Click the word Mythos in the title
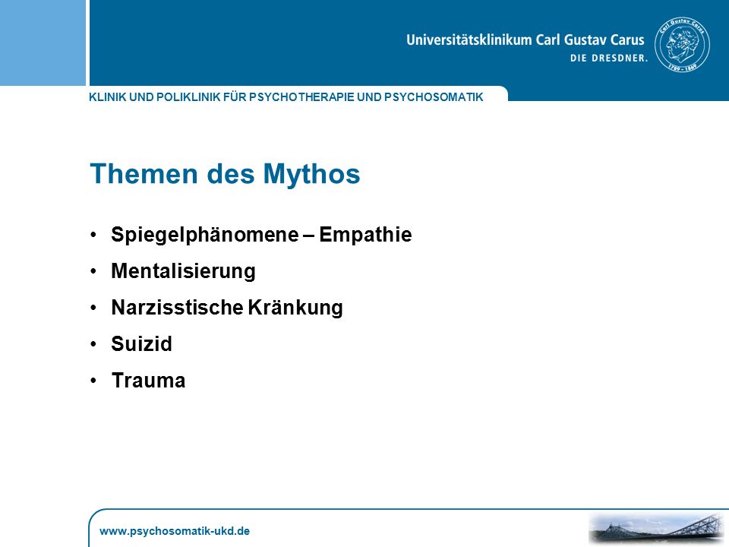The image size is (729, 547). [311, 175]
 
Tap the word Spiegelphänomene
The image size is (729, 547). [204, 235]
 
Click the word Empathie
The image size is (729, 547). [365, 235]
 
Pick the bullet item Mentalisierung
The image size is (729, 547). [183, 271]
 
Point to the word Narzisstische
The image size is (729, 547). [177, 308]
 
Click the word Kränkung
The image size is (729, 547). [295, 308]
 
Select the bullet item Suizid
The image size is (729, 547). [141, 344]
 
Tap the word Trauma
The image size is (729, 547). [148, 381]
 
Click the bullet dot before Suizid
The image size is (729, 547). [93, 344]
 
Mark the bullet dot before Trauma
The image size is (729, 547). [93, 381]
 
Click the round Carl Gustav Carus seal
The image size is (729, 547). [682, 45]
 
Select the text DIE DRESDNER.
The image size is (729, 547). [609, 58]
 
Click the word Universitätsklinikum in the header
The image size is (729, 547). [469, 40]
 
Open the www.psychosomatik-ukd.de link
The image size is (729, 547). [175, 531]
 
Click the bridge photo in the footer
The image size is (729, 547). [658, 529]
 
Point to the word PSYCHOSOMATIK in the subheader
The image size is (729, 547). [434, 97]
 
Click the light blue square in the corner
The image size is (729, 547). [43, 43]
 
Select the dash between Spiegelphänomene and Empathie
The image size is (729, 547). [309, 236]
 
